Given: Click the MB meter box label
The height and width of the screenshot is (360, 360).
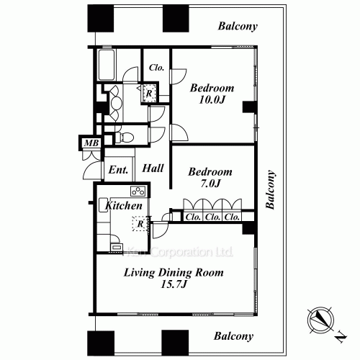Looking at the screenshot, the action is click(91, 143).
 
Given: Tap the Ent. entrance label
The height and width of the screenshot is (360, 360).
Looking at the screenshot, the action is click(118, 170).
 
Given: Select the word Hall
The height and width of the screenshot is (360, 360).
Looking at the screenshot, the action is click(153, 168).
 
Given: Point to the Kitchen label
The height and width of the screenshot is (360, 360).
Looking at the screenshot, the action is click(124, 206).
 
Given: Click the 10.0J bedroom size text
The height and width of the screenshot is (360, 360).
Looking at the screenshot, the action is click(212, 99).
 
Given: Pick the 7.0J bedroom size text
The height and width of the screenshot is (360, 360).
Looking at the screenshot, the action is click(210, 184).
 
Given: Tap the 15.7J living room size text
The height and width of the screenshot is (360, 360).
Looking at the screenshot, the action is click(174, 284).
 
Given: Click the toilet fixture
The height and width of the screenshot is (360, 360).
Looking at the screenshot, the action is click(124, 138).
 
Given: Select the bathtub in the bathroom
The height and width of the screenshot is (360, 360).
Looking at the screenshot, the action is click(106, 65).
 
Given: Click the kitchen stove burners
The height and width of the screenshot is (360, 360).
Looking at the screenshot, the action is click(138, 192).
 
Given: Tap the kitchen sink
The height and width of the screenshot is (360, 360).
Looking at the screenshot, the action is click(103, 204).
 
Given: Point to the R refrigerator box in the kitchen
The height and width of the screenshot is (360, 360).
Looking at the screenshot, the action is click(140, 224).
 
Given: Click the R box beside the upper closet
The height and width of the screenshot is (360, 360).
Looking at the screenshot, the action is click(149, 94).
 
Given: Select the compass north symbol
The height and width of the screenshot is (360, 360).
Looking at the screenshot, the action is click(321, 320).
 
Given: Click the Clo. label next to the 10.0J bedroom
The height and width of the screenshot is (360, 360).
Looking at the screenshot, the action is click(156, 68).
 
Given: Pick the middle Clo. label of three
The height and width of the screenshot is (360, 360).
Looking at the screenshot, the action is click(212, 217).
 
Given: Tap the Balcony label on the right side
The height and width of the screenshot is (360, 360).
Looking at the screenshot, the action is click(270, 189).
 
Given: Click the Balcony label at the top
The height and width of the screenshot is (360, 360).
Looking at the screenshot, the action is click(238, 26).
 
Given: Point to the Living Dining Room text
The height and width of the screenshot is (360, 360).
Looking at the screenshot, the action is click(174, 273).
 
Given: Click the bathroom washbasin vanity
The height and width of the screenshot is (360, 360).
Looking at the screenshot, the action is click(114, 103).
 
